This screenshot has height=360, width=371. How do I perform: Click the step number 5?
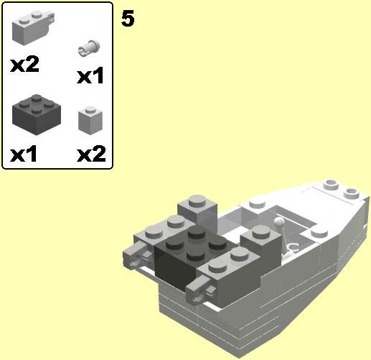point(128,19)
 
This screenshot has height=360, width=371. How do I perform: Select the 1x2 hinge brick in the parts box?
point(33,28)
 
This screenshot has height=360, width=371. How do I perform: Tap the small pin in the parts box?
point(89,48)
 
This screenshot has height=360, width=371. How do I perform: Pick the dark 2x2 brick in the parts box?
point(37,114)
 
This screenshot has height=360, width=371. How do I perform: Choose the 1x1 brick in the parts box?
point(90,120)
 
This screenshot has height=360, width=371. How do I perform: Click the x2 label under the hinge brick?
point(24,64)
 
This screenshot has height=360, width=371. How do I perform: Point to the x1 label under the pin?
point(90,75)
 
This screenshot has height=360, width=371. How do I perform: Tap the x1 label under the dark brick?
point(24,154)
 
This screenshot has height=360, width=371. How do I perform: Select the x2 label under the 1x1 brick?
point(91,154)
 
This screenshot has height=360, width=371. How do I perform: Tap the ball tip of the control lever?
point(278,221)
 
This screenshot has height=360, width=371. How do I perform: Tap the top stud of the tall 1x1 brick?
point(197,200)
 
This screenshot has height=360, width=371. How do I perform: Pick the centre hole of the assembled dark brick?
point(196,243)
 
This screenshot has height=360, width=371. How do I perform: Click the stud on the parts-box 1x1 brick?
point(90,110)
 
